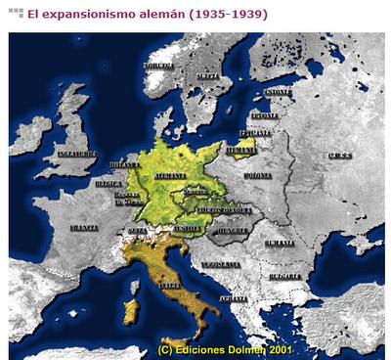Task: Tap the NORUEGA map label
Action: pyautogui.click(x=157, y=66)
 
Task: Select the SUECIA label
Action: pyautogui.click(x=206, y=75)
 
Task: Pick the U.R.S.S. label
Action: pyautogui.click(x=341, y=155)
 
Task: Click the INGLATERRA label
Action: pyautogui.click(x=78, y=154)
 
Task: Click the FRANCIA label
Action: pyautogui.click(x=84, y=227)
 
